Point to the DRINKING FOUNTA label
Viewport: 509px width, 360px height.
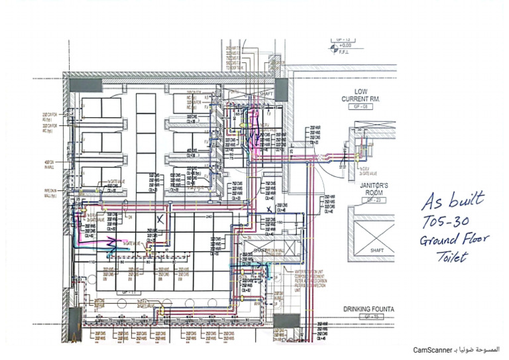[x=369, y=309]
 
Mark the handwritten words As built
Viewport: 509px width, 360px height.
[x=456, y=199]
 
